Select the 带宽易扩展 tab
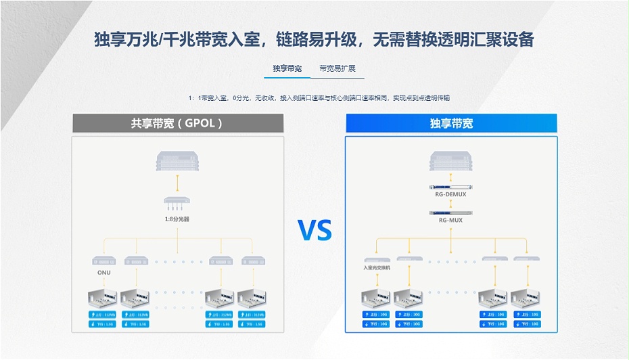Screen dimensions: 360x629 click(337, 68)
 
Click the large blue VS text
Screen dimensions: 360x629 click(315, 231)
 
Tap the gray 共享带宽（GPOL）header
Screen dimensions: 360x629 click(177, 123)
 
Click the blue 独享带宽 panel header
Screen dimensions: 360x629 click(451, 123)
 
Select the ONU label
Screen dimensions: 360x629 click(104, 273)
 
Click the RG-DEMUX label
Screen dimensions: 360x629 click(451, 195)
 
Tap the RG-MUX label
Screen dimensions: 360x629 click(451, 220)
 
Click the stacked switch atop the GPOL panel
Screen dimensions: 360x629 click(177, 161)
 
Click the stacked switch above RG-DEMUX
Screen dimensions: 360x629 click(451, 162)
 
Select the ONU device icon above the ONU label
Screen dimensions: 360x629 click(104, 261)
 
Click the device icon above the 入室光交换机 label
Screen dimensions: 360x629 click(377, 258)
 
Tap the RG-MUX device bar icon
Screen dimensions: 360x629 click(451, 212)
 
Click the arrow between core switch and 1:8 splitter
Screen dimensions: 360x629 click(177, 182)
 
